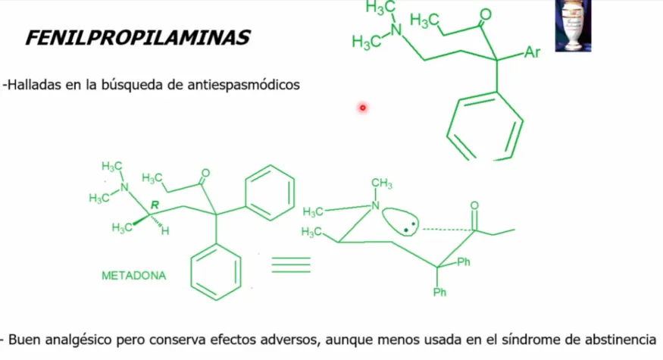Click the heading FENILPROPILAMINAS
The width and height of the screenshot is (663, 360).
(x=138, y=38)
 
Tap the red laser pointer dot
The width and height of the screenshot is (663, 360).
(x=363, y=108)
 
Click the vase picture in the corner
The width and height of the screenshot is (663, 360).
(x=573, y=26)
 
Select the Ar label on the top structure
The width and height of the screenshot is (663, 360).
(x=533, y=52)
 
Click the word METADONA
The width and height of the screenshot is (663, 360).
(x=133, y=276)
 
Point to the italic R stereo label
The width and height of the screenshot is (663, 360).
(x=155, y=205)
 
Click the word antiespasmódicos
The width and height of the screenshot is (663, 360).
(x=243, y=85)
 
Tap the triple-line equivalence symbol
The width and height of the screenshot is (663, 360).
(x=291, y=265)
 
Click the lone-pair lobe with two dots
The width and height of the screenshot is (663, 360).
(x=400, y=221)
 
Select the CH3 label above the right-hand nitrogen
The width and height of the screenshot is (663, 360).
(x=382, y=183)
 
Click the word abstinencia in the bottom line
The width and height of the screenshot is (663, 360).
(x=621, y=340)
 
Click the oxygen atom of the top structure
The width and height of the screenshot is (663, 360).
(x=486, y=15)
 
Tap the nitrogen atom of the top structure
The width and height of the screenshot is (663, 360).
(x=396, y=30)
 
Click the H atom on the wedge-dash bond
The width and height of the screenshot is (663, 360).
(x=165, y=231)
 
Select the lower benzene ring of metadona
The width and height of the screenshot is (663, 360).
(x=216, y=272)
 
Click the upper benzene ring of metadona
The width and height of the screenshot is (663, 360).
(x=270, y=193)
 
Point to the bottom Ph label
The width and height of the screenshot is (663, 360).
(x=439, y=292)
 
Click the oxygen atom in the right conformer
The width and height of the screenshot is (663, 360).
(x=474, y=205)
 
